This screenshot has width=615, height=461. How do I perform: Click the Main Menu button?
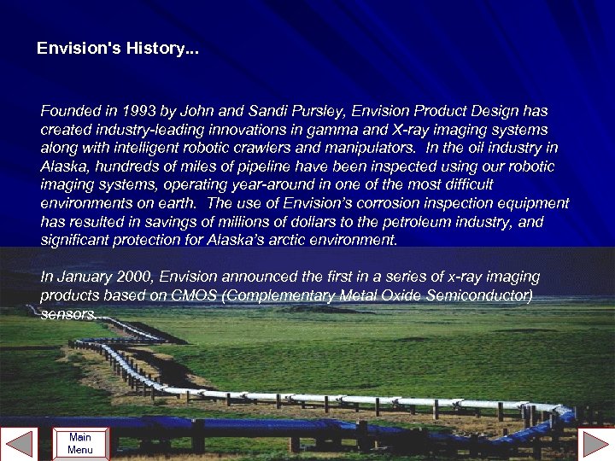[80, 443]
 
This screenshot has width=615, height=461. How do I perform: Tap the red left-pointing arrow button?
[20, 444]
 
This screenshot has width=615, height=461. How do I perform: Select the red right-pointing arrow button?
[594, 444]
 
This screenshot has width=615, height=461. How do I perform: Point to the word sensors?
[68, 314]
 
